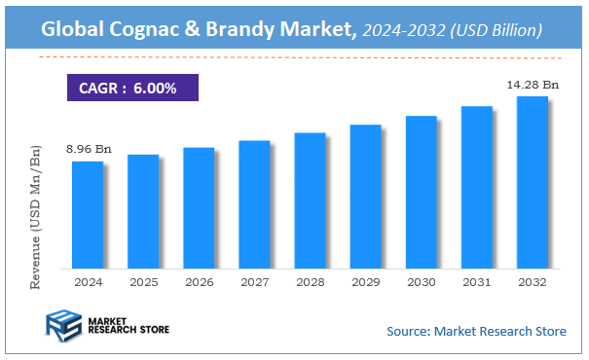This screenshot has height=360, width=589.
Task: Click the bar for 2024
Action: click(x=88, y=214)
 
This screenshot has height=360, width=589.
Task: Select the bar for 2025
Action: click(x=143, y=210)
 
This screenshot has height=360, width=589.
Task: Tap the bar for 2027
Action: click(x=254, y=203)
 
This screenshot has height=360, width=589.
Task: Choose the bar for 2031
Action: click(x=476, y=187)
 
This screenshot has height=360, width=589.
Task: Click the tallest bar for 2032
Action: click(x=532, y=182)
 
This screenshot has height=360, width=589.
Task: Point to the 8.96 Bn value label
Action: click(x=89, y=150)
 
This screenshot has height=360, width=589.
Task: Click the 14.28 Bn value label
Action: click(x=531, y=86)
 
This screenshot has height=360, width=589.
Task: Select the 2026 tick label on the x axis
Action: click(x=199, y=281)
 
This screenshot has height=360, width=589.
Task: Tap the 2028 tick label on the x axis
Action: click(x=310, y=281)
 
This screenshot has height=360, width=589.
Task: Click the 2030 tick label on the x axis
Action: click(x=421, y=281)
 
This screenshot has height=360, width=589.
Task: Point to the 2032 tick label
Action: click(x=532, y=281)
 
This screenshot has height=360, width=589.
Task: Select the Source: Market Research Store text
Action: click(x=476, y=332)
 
